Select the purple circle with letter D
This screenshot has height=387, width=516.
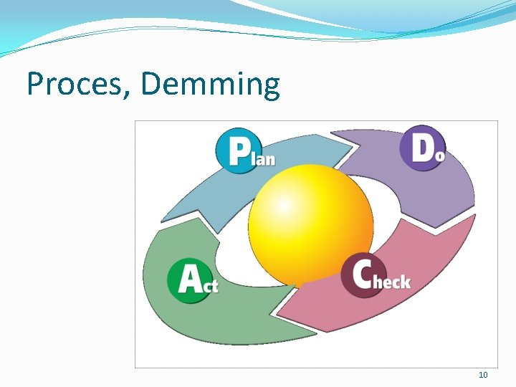pos(421,148)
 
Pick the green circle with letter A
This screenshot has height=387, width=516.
pos(187,279)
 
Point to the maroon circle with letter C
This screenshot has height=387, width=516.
pos(363,276)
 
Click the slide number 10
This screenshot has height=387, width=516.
pos(482,375)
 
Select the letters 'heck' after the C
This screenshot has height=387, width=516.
pos(392,282)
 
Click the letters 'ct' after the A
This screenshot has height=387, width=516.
pos(210,285)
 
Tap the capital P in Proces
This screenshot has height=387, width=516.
pos(35,85)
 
